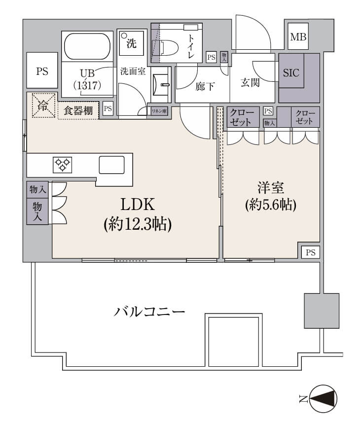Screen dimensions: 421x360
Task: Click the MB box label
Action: click(x=297, y=37)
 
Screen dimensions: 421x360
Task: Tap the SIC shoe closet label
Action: click(x=291, y=72)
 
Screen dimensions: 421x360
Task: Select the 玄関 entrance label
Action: click(x=250, y=83)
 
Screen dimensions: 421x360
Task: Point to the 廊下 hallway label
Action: click(x=205, y=87)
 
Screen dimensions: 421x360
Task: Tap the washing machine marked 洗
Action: click(x=131, y=43)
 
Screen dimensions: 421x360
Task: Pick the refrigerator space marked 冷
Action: click(x=43, y=105)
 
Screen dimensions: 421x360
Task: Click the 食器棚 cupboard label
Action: click(x=78, y=111)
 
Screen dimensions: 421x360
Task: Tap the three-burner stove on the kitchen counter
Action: click(x=62, y=163)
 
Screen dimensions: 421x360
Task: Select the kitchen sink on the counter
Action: click(x=111, y=165)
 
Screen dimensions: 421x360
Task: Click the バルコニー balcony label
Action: click(x=149, y=312)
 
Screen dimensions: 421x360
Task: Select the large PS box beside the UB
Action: click(x=42, y=71)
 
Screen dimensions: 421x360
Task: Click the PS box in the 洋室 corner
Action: click(x=310, y=252)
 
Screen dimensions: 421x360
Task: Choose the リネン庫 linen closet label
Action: click(x=159, y=110)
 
